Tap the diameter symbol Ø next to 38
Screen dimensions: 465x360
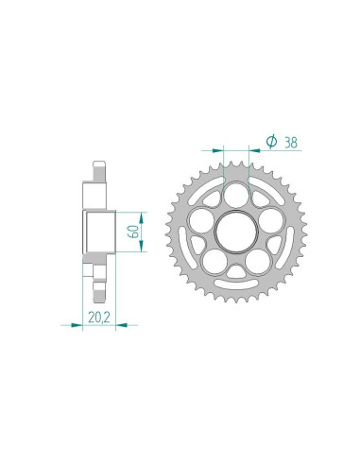(271, 142)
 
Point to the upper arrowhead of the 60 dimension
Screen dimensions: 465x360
(141, 211)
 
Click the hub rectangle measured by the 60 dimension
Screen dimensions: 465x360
(98, 231)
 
